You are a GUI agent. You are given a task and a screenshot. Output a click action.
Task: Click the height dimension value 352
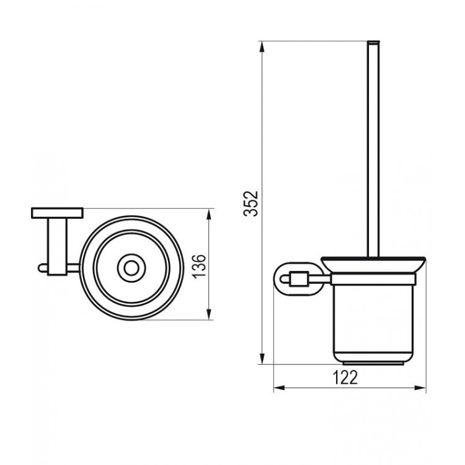[250, 203]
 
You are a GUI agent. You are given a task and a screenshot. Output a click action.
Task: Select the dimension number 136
[197, 265]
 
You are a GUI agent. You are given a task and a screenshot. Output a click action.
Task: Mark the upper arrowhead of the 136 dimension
[208, 213]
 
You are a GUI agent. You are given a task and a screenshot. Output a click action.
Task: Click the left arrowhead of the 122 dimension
[278, 389]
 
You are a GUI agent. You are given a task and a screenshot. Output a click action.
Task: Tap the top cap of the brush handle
[373, 43]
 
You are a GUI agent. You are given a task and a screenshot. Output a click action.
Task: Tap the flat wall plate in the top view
[56, 213]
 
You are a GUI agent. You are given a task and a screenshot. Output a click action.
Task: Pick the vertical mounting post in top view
[58, 246]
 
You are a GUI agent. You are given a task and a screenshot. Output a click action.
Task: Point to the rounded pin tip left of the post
[40, 268]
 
